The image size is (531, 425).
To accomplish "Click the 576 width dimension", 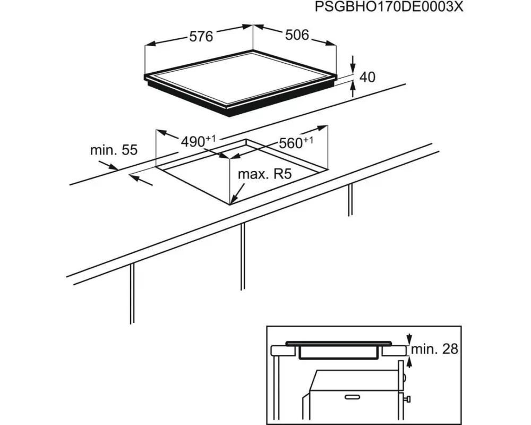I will coord(201,36).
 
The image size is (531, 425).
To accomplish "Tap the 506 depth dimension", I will coord(297,35).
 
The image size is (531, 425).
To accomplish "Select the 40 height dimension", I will coord(367,77).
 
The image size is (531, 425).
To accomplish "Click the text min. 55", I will coord(114,150).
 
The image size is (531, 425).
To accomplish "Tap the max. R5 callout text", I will coord(265,175).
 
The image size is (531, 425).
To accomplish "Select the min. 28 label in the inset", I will coord(434,349).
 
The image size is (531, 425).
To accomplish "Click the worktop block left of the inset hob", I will coord(284,351).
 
